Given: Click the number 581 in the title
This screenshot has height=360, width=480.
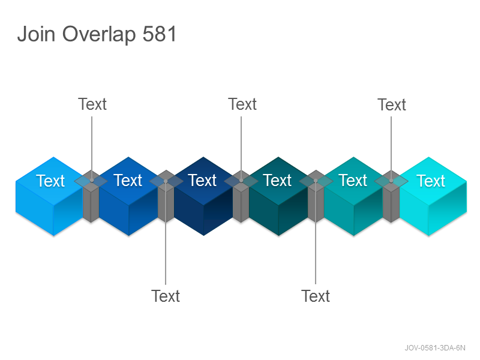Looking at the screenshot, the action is pos(160,34).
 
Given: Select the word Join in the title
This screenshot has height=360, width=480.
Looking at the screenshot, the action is pos(36,34).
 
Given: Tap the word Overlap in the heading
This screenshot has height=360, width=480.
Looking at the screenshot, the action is pos(99,35).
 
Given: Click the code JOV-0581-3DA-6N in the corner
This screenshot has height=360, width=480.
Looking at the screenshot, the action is pos(435,348).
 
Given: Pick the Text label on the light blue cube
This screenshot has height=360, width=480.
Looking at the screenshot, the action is pos(50,181).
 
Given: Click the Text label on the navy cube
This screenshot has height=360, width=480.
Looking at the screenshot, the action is pos(202,180).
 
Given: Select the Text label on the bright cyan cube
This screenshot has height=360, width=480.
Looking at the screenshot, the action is pos(431,181).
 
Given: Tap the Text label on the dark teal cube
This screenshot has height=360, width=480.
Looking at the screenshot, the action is pos(277,180).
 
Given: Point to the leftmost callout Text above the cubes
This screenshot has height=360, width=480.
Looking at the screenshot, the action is pos(92,104).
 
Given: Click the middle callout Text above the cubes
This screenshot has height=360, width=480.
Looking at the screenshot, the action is pos(242,104).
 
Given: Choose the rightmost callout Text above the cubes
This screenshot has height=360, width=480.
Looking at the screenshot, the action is pos(392,104).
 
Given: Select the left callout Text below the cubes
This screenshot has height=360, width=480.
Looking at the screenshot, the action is pos(166,296).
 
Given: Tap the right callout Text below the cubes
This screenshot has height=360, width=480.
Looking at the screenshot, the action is pos(316,296).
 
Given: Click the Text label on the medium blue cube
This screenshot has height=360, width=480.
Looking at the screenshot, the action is pos(128,180).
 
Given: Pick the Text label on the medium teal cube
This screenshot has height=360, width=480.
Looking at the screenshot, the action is pos(353,180).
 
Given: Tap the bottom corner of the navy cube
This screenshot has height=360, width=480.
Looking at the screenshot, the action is pos(203,235).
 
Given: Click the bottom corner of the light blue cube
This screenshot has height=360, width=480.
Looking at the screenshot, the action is pos(53,236).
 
